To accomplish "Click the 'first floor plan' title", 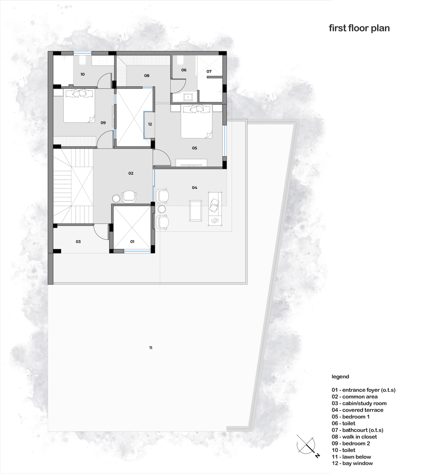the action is pos(359,28).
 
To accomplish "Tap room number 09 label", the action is pos(103,122).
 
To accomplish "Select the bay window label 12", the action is pos(150,124).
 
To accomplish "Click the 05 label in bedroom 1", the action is pos(194,148).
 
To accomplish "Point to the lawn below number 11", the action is pos(151,348).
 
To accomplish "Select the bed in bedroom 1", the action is pos(196,121).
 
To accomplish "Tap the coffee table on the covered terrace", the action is pos(195,211).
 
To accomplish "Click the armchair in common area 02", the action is pos(129,197).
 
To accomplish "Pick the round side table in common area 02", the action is pos(116,198).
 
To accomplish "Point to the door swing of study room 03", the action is pos(101,232).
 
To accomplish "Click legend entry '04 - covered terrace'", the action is pos(358,410).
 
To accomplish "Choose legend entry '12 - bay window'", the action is pos(352,463).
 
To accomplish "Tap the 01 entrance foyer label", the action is pos(132,242).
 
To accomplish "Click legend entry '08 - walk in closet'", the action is pos(354,436).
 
